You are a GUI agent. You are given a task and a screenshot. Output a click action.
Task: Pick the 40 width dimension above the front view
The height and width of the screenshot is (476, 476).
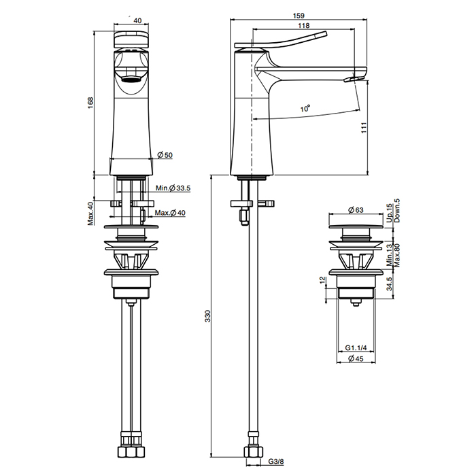pyautogui.click(x=138, y=20)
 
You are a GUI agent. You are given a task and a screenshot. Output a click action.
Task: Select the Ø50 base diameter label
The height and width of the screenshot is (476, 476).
pyautogui.click(x=165, y=155)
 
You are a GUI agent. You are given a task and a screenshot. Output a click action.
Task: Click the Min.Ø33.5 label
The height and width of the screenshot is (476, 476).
pyautogui.click(x=173, y=188)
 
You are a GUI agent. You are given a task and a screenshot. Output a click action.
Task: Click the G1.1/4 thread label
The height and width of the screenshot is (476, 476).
pyautogui.click(x=356, y=347)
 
